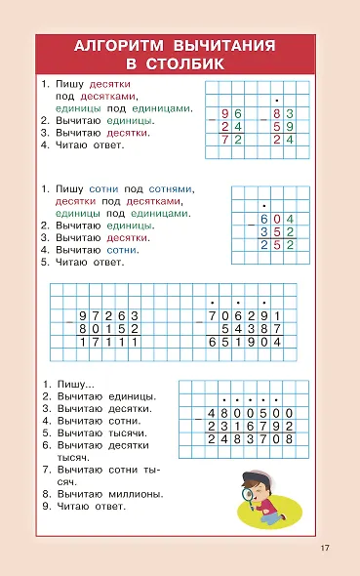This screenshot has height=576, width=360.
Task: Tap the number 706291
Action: tap(244, 316)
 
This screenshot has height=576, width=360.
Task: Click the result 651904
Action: tap(244, 344)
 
